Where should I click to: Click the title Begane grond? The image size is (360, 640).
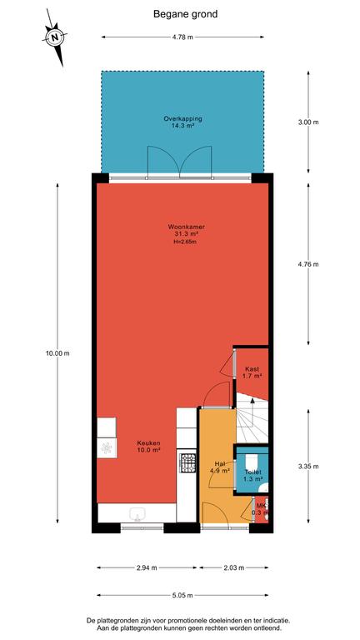click(185, 14)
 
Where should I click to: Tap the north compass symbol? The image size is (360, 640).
click(55, 37)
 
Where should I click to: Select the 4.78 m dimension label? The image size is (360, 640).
click(182, 37)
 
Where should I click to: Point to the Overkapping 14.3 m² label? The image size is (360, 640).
click(182, 122)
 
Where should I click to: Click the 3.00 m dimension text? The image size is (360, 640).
click(308, 122)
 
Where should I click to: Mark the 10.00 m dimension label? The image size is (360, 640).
click(57, 353)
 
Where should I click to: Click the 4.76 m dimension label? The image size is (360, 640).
click(308, 264)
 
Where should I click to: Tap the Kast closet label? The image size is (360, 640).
click(252, 369)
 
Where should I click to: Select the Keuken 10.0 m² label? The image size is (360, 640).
click(148, 446)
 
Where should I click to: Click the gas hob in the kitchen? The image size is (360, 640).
click(187, 462)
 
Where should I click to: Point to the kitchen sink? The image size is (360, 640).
click(137, 514)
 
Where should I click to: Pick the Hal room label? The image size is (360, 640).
click(220, 463)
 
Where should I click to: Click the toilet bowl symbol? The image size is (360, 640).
click(252, 461)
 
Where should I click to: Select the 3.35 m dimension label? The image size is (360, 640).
click(308, 466)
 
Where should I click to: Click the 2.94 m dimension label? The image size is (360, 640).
click(147, 567)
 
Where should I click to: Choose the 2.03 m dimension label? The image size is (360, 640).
click(234, 567)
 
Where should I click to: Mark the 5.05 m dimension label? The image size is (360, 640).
click(182, 596)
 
